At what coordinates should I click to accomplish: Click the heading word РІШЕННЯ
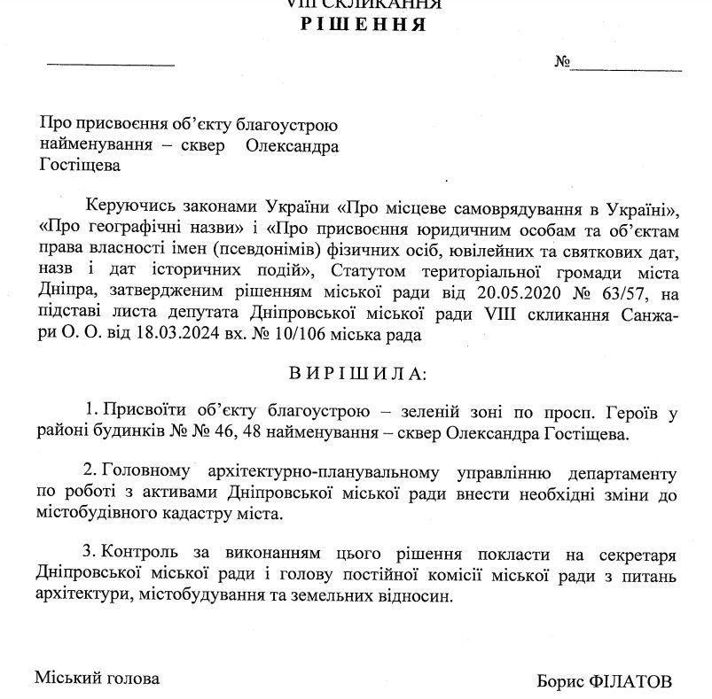click(x=364, y=24)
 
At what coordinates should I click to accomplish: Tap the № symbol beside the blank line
click(x=561, y=63)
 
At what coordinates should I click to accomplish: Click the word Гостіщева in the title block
click(x=78, y=164)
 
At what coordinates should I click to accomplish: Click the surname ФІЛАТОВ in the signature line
click(x=630, y=681)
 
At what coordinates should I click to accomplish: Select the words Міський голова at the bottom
click(x=98, y=679)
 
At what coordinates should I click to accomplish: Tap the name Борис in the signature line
click(x=558, y=681)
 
